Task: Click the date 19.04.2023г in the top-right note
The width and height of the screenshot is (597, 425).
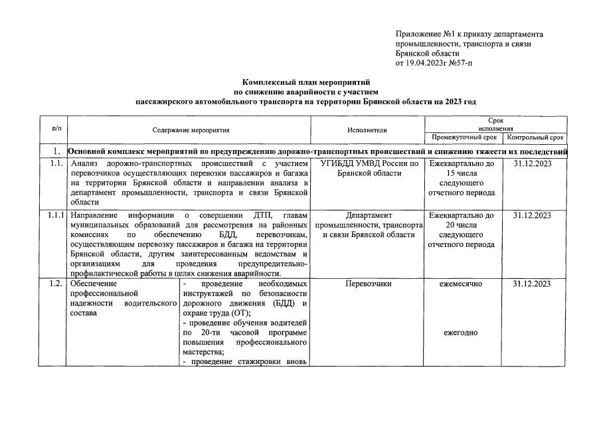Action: [x=428, y=63]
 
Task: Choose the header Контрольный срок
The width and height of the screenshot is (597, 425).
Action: [x=535, y=138]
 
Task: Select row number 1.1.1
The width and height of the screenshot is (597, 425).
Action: [x=54, y=215]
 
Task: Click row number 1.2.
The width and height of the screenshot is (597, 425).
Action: [x=54, y=284]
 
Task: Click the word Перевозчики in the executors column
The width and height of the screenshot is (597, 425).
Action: [x=369, y=284]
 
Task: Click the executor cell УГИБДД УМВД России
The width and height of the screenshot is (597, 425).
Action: [x=369, y=163]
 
